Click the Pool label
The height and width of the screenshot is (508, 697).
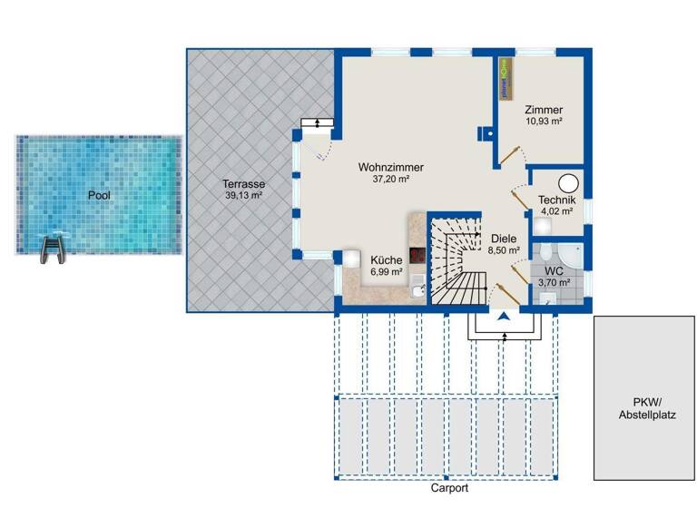click(x=98, y=195)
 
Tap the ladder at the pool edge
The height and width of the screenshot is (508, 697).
click(x=54, y=248)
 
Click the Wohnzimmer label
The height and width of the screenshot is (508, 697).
click(x=391, y=168)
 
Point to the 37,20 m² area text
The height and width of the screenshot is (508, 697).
click(x=391, y=180)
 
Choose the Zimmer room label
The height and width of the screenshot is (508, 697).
click(x=544, y=109)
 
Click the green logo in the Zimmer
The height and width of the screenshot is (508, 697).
click(x=505, y=79)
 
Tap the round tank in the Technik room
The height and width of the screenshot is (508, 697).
click(x=569, y=183)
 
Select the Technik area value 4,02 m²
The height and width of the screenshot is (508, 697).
click(x=555, y=211)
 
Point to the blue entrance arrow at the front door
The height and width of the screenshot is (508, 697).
click(x=502, y=316)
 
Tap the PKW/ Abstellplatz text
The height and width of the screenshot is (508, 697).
click(x=644, y=409)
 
